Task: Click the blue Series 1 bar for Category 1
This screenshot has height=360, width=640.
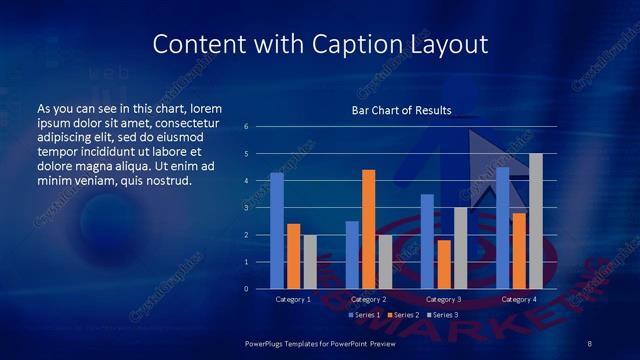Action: click(276, 231)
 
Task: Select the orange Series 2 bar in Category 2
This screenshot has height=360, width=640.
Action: click(368, 229)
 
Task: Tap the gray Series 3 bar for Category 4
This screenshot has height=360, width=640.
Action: click(536, 221)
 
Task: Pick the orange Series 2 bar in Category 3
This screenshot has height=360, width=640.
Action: click(444, 264)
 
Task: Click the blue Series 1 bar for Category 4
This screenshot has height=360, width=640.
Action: click(502, 228)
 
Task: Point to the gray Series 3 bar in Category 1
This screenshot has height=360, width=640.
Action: click(309, 262)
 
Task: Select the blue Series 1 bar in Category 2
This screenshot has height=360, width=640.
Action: click(352, 255)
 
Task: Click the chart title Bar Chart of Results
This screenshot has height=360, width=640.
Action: click(400, 110)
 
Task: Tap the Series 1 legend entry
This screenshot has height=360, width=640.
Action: click(365, 315)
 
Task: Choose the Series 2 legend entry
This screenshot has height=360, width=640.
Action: click(403, 315)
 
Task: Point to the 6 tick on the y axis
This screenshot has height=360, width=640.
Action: click(246, 127)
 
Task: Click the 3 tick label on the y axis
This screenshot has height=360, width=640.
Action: click(246, 208)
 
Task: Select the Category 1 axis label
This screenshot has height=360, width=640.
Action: click(293, 299)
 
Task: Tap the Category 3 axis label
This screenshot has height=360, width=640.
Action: click(444, 299)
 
